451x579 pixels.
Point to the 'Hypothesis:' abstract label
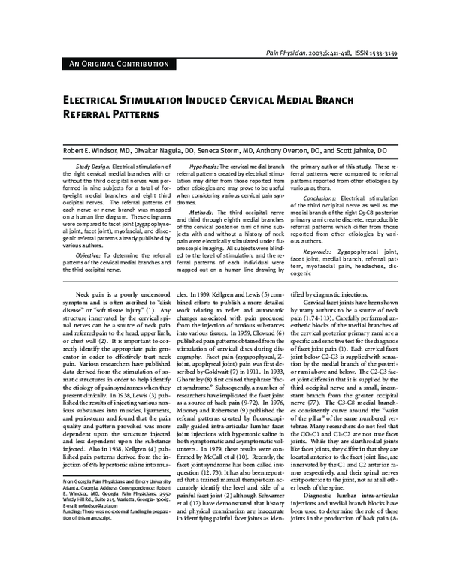[204, 166]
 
